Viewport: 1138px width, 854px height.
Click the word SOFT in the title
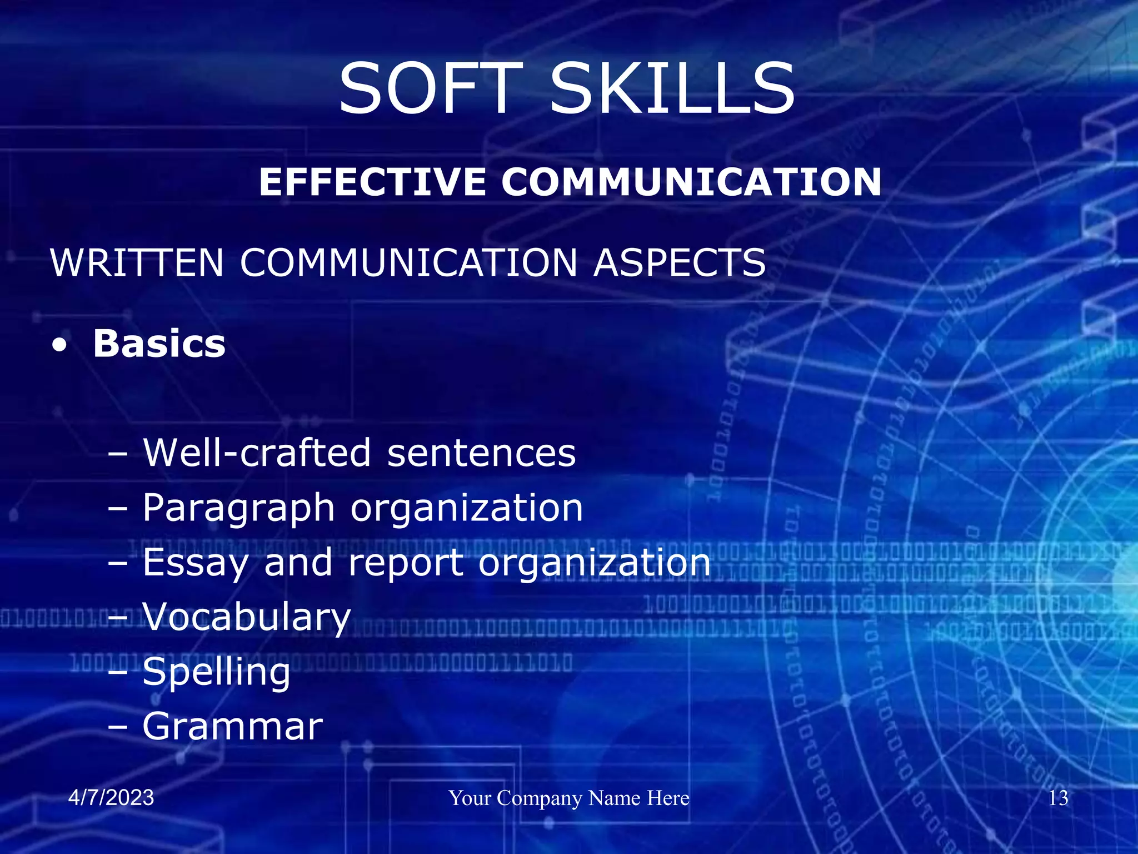pos(431,89)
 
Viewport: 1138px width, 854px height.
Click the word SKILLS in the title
pos(672,89)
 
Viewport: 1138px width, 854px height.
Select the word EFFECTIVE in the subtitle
pos(373,182)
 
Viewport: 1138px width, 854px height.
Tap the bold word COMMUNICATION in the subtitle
pos(691,182)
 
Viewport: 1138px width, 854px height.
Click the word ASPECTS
pos(680,262)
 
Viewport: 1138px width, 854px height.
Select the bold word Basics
pos(159,344)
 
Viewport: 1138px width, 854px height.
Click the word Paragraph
pos(238,508)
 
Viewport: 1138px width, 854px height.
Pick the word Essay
pos(195,562)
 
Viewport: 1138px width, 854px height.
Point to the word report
pos(406,563)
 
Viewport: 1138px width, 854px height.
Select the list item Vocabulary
pos(247,617)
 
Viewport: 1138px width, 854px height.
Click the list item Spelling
pos(216,672)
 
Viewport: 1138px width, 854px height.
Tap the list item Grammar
pos(232,726)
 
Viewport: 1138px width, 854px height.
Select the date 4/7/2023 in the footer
pos(111,797)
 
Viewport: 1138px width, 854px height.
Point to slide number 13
pos(1058,798)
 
